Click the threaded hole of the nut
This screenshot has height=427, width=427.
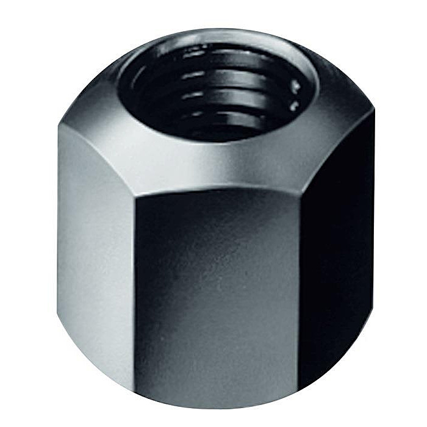(x=217, y=91)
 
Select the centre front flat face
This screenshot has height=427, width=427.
(x=217, y=287)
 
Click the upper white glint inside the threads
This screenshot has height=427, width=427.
(x=297, y=83)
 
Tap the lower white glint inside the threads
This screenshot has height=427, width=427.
(x=295, y=107)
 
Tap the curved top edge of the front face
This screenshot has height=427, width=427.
(x=217, y=190)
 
